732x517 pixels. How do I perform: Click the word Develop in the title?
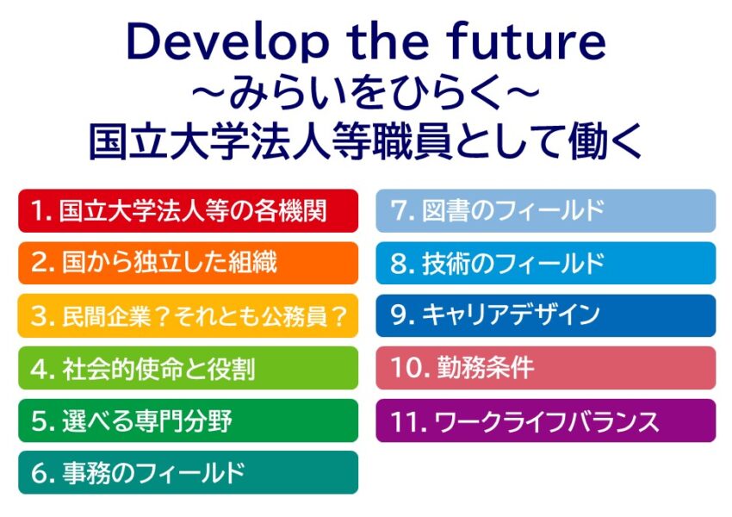[227, 43]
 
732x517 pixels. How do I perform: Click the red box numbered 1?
[188, 210]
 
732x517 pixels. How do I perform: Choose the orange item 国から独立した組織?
[188, 263]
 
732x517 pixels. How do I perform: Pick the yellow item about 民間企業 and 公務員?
[188, 315]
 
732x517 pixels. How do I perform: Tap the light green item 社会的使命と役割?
[188, 368]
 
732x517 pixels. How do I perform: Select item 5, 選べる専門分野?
[188, 420]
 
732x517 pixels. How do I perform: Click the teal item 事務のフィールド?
[188, 473]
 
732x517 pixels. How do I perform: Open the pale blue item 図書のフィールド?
[546, 210]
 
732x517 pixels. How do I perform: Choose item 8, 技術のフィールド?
[546, 263]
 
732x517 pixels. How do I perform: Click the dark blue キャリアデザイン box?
[546, 315]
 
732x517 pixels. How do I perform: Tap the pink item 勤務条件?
[546, 368]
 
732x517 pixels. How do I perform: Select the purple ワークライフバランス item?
[546, 420]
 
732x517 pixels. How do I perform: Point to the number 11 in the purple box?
[406, 421]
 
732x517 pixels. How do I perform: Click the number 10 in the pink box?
[406, 368]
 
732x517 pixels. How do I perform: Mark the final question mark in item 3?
[340, 316]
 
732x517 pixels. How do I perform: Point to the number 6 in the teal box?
[40, 474]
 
